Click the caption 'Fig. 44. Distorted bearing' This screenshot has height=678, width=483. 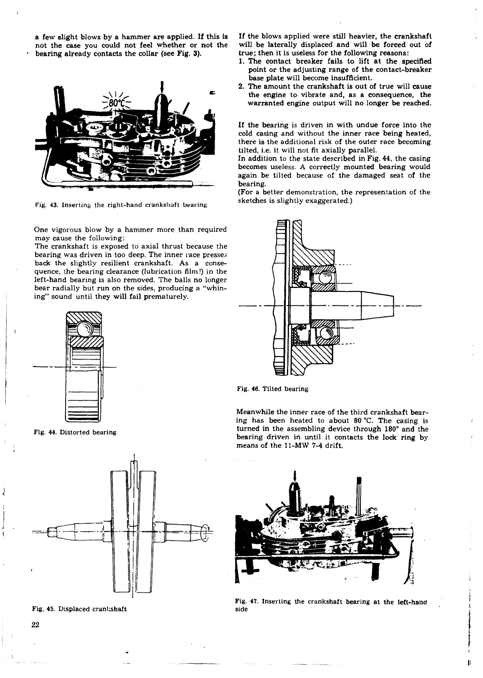tap(75, 432)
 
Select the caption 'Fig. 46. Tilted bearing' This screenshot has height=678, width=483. tap(272, 389)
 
